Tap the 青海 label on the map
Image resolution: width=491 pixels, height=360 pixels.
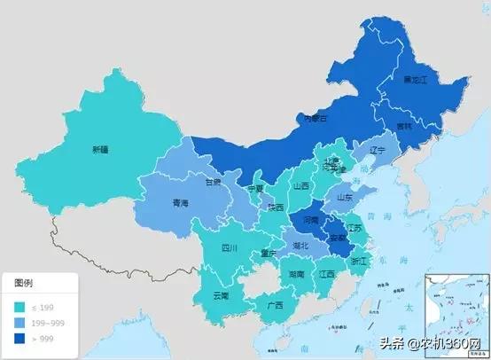point(180,203)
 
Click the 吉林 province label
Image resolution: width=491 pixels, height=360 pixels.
point(404,127)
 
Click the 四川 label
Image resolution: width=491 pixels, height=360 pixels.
point(230,248)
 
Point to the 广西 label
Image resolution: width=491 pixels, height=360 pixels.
point(275,305)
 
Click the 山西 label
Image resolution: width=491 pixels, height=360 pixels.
point(300,186)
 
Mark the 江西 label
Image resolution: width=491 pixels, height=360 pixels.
point(327,275)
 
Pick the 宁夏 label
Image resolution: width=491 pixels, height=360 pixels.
point(256,189)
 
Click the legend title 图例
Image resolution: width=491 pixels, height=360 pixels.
point(24,283)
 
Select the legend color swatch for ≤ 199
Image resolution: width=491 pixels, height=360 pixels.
point(19,305)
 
